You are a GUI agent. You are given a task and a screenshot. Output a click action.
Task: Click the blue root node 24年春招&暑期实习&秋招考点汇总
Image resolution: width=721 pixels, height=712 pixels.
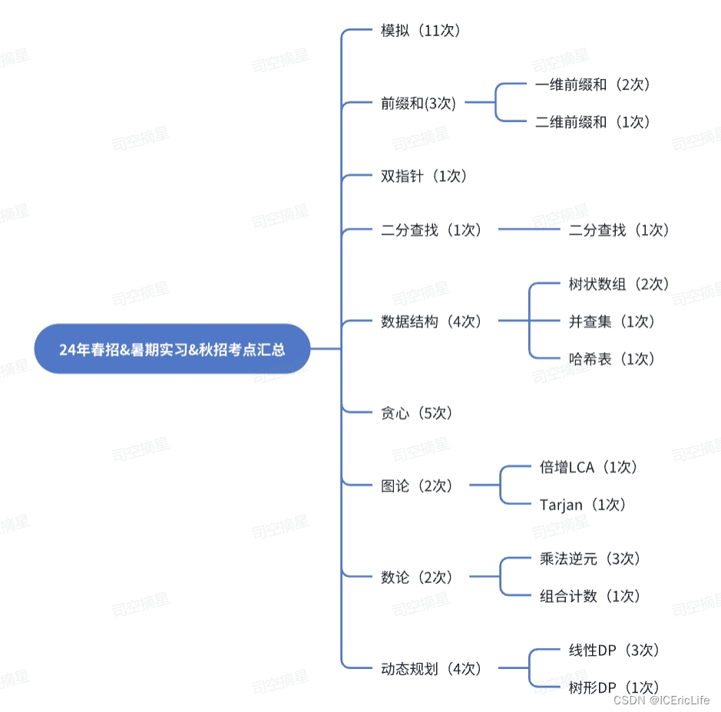click(172, 349)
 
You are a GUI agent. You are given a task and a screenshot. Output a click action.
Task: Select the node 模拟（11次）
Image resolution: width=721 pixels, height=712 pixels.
click(420, 31)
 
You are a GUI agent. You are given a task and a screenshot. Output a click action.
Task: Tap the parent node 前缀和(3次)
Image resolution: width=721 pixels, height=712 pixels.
click(418, 104)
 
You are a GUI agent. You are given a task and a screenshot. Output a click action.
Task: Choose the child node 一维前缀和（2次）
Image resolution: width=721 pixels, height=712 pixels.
click(594, 85)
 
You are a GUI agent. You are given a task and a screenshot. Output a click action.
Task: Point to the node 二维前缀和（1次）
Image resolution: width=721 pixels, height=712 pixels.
click(594, 122)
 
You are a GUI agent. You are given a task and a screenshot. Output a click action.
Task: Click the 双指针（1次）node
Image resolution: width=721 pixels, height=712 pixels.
click(424, 176)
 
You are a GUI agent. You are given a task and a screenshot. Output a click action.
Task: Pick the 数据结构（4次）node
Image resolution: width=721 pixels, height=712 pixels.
click(432, 322)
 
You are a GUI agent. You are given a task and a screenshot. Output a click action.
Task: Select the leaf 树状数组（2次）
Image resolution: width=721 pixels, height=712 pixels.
click(620, 285)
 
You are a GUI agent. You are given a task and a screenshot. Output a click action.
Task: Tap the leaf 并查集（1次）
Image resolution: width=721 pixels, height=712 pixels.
click(612, 321)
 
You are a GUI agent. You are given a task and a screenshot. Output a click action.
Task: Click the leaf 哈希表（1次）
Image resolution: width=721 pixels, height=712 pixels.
click(612, 358)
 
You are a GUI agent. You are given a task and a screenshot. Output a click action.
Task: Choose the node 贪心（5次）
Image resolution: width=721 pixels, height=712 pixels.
click(417, 414)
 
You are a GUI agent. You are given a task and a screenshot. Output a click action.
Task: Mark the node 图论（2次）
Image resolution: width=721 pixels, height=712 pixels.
click(417, 486)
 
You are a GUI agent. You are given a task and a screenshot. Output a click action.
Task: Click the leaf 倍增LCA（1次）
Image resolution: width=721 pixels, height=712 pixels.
click(589, 467)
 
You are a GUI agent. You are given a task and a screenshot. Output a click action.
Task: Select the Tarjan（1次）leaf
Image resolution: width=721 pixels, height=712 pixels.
click(584, 505)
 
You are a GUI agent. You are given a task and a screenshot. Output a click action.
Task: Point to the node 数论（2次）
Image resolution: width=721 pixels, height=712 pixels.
click(417, 578)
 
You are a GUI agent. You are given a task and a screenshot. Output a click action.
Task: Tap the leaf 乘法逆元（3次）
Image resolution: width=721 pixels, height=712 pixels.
click(590, 559)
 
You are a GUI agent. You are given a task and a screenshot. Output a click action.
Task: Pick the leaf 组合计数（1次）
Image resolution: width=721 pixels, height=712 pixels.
click(590, 596)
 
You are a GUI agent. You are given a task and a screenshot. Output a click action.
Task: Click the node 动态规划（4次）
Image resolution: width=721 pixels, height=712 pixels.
click(432, 669)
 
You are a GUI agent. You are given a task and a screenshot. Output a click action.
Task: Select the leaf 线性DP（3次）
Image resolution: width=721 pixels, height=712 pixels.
click(614, 651)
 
